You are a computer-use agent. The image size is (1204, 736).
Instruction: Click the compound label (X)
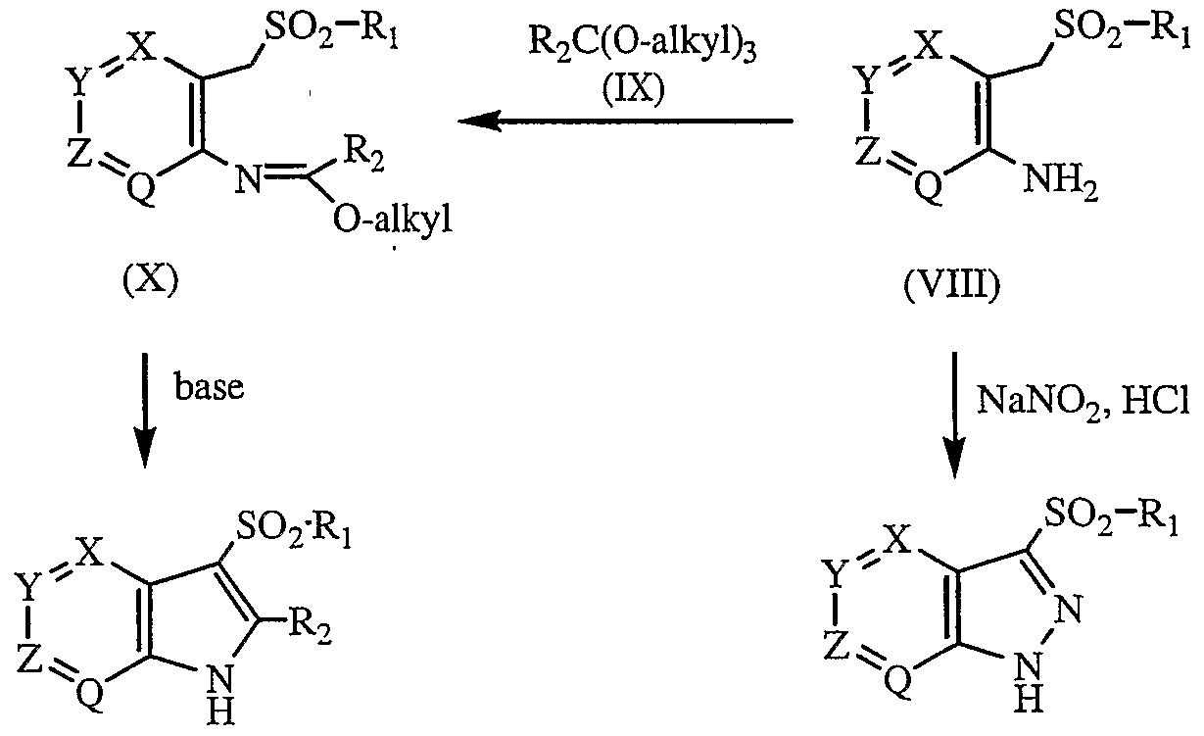pyautogui.click(x=151, y=281)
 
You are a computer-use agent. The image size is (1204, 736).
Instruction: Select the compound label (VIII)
pyautogui.click(x=952, y=285)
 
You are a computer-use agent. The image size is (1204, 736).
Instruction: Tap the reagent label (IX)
pyautogui.click(x=634, y=90)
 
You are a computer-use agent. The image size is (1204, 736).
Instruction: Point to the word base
pyautogui.click(x=209, y=387)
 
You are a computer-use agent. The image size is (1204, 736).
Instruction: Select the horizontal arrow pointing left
pyautogui.click(x=626, y=121)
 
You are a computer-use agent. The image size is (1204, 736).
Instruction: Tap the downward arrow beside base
pyautogui.click(x=144, y=411)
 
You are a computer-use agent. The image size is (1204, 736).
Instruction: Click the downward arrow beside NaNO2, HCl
pyautogui.click(x=954, y=416)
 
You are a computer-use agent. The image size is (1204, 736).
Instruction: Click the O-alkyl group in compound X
pyautogui.click(x=393, y=220)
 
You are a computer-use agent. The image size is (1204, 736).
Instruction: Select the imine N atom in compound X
pyautogui.click(x=248, y=179)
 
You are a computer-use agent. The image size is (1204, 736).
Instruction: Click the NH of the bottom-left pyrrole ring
pyautogui.click(x=220, y=696)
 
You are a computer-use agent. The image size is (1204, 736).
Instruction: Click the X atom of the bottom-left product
pyautogui.click(x=89, y=556)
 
